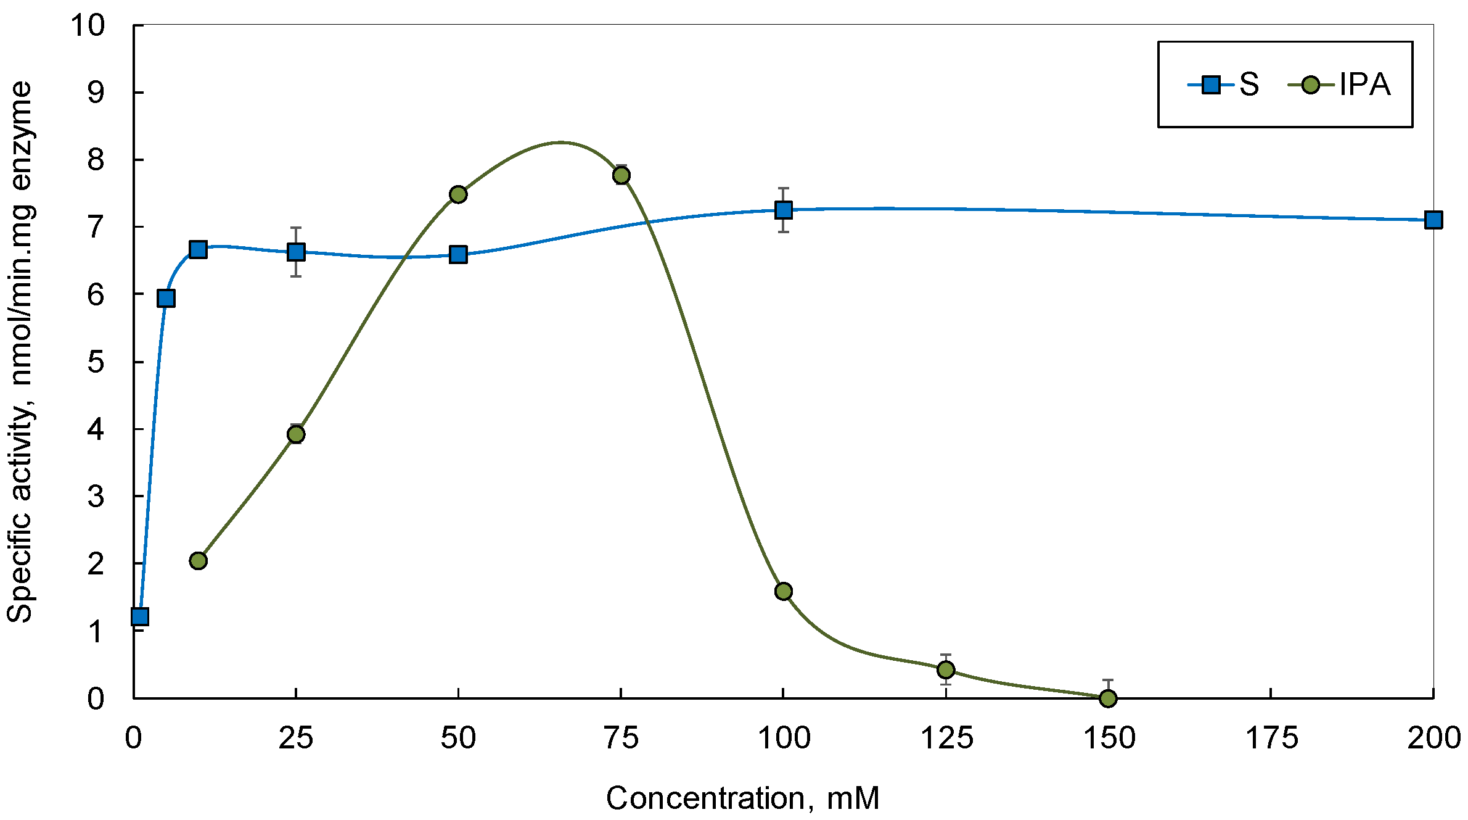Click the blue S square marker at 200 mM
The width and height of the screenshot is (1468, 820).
[1433, 220]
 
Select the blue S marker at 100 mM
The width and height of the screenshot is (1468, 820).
[783, 210]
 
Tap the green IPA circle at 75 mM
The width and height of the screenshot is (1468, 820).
[621, 175]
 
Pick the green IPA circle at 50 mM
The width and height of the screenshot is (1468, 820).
[457, 194]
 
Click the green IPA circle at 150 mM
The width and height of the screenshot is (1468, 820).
[1108, 698]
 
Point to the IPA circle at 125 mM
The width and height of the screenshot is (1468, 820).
[945, 669]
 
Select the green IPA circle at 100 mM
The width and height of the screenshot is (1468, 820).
[783, 591]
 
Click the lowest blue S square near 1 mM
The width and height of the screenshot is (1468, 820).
[140, 616]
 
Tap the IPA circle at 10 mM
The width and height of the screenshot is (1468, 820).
[198, 560]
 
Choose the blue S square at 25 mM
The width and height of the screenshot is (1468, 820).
[296, 252]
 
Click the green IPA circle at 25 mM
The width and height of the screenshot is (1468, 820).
[296, 434]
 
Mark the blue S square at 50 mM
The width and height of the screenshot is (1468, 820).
[457, 254]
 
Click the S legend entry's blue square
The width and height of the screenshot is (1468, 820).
[1211, 85]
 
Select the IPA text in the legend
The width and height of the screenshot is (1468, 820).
[1364, 85]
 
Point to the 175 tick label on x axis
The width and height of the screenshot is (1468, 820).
[1271, 738]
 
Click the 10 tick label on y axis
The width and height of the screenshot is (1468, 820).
[88, 26]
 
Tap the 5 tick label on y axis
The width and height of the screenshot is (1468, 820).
[96, 362]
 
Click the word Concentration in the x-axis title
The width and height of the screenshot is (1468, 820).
[706, 798]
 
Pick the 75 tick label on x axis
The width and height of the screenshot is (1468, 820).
[621, 738]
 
